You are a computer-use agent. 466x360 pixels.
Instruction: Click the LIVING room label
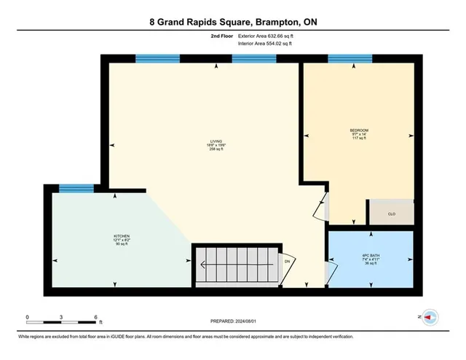(x=216, y=141)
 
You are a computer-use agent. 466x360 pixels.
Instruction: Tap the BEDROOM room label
(x=359, y=131)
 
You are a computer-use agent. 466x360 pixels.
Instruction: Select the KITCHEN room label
(x=122, y=236)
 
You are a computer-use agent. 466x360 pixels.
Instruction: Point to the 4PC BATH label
(x=372, y=256)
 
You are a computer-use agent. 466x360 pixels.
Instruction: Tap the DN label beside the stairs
(x=287, y=261)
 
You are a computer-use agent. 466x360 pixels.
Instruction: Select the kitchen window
(x=76, y=188)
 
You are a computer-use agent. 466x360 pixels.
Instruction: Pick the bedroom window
(x=349, y=58)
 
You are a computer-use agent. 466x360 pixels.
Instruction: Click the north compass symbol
(x=428, y=317)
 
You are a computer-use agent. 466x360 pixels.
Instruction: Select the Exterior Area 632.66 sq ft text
(x=263, y=36)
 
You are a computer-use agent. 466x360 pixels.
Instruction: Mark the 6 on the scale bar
(x=96, y=317)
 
